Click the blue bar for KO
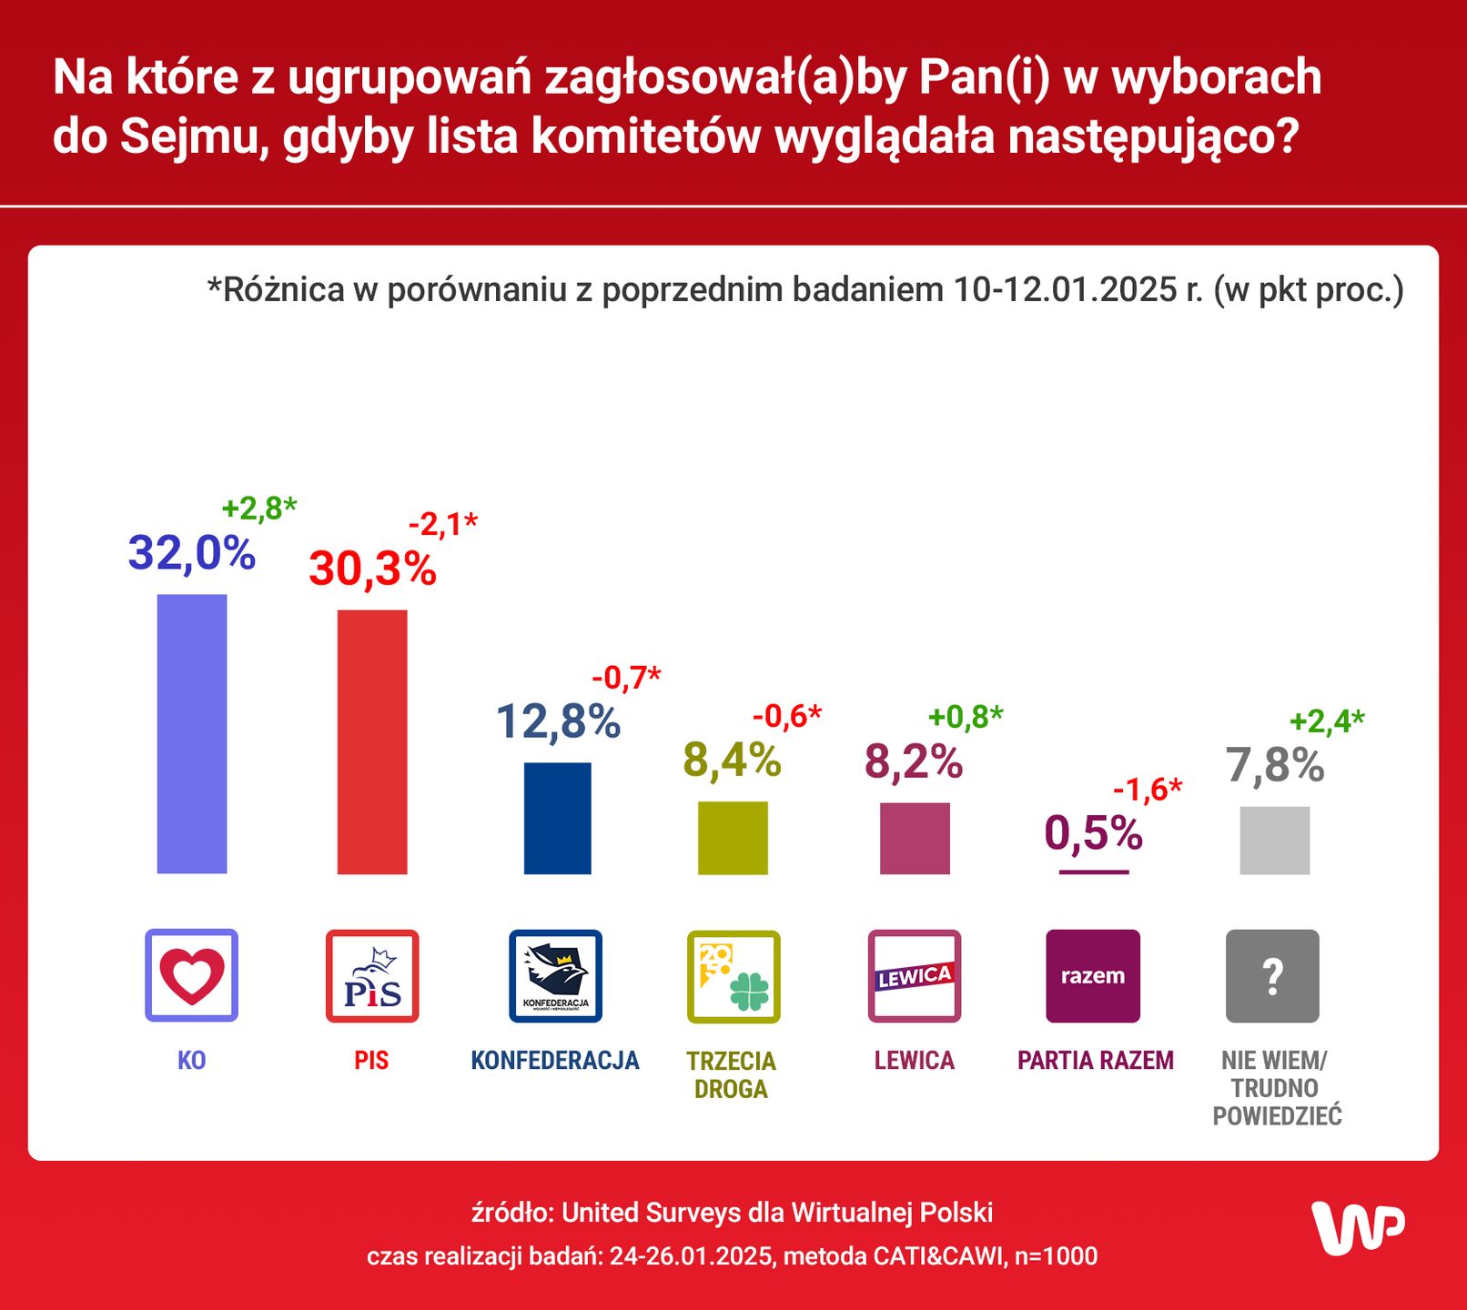[x=192, y=733]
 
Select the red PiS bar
[x=372, y=741]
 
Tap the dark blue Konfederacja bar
[x=557, y=818]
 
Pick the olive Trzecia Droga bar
[x=733, y=837]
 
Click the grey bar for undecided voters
[x=1274, y=840]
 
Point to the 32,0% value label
[x=192, y=553]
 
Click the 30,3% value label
[x=372, y=569]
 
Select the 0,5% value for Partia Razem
[x=1093, y=833]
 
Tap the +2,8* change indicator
[x=259, y=508]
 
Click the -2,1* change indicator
[x=442, y=524]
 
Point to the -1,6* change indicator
[x=1147, y=790]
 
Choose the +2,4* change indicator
[x=1327, y=721]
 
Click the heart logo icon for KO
[x=192, y=975]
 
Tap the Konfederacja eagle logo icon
[x=555, y=975]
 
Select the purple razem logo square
[x=1093, y=975]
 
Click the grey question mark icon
[x=1272, y=975]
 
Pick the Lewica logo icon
[x=915, y=975]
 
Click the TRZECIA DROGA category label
[x=731, y=1074]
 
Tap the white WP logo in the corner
[x=1358, y=1227]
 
